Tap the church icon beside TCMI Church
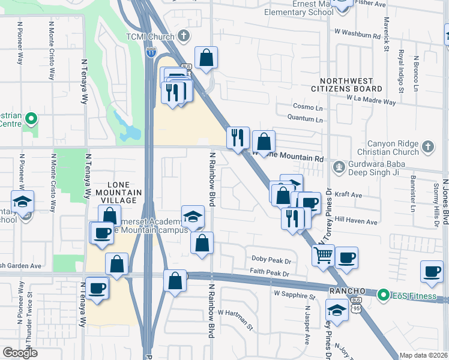(x=184, y=36)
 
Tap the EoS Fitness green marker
(x=382, y=295)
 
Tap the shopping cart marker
(x=324, y=255)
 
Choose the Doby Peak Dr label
(x=271, y=261)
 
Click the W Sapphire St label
(x=294, y=296)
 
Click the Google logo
(x=20, y=352)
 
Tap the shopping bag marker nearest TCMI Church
(x=206, y=58)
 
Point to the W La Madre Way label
(x=371, y=99)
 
